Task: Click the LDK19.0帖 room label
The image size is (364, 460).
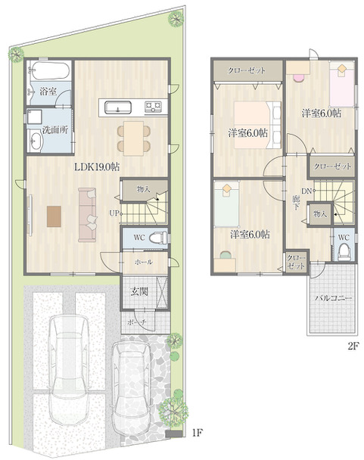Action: (x=97, y=167)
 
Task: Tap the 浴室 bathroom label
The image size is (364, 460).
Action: (x=48, y=92)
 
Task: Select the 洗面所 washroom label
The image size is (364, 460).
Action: (x=55, y=130)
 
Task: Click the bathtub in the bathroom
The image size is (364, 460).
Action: (x=50, y=71)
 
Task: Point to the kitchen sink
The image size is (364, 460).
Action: (x=118, y=107)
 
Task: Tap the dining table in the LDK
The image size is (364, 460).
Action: (x=133, y=138)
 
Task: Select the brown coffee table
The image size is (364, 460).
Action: (x=54, y=216)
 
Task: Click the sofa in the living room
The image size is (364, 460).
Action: (x=88, y=215)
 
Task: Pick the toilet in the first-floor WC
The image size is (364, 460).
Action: (x=158, y=238)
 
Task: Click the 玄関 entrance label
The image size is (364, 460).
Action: (x=139, y=291)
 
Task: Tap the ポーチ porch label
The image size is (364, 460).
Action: (x=137, y=322)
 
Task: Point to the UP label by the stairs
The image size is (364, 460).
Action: (x=114, y=213)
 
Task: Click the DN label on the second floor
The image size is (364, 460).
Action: (x=306, y=191)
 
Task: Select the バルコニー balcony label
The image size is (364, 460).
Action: (x=334, y=298)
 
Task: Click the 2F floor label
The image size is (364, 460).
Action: (x=353, y=347)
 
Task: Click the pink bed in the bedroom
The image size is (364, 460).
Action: (x=342, y=84)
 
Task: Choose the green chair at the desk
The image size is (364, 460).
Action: (x=226, y=255)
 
